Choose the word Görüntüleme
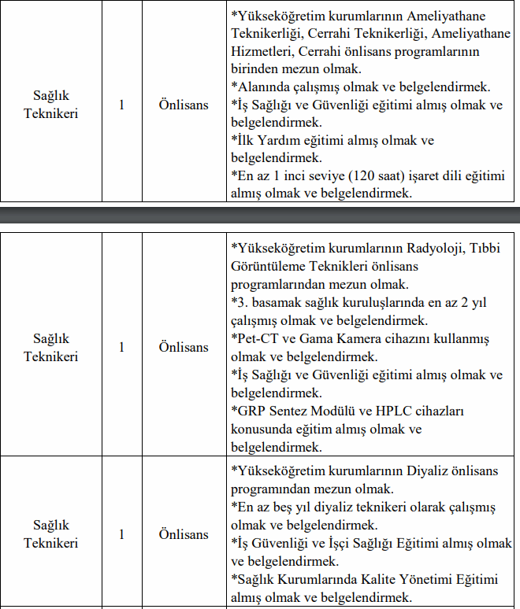[x=269, y=266]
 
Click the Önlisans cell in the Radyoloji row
[x=184, y=347]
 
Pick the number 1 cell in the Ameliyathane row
[x=121, y=104]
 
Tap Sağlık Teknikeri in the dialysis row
[x=51, y=534]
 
